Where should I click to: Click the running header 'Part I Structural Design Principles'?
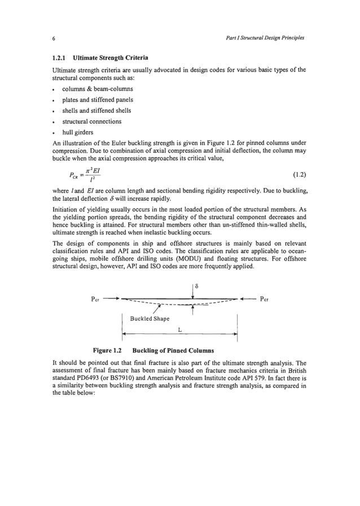[x=263, y=38]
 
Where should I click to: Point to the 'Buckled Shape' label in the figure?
[x=150, y=319]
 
